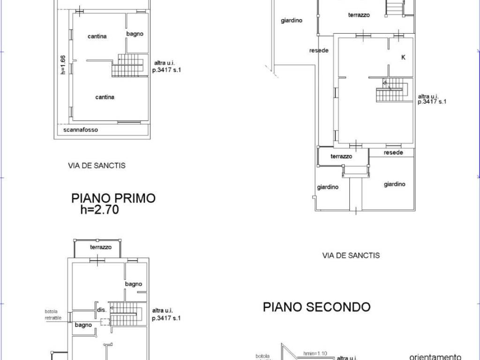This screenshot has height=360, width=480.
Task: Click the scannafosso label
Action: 81,130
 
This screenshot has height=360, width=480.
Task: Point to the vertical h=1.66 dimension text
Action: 63,65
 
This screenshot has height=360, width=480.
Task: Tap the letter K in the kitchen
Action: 402,57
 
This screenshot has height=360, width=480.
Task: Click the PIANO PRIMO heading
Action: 113,198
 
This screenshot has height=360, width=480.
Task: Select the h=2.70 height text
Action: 100,210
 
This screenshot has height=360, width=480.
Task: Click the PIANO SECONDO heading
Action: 316,307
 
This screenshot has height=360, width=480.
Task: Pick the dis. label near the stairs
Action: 102,310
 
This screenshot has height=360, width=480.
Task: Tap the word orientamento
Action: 435,356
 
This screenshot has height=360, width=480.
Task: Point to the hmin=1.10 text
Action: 315,353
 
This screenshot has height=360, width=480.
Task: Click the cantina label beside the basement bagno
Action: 97,37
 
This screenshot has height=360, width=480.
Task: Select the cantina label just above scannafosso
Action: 105,97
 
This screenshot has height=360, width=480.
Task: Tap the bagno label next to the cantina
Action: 135,34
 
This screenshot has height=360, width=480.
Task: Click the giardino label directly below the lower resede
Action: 394,185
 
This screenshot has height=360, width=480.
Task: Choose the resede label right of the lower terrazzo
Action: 393,153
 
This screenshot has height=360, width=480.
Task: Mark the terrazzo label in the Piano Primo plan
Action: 101,247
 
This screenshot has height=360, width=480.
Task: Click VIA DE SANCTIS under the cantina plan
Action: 97,165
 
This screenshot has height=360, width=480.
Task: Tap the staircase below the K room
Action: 392,90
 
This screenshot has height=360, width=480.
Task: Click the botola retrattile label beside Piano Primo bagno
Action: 53,315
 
